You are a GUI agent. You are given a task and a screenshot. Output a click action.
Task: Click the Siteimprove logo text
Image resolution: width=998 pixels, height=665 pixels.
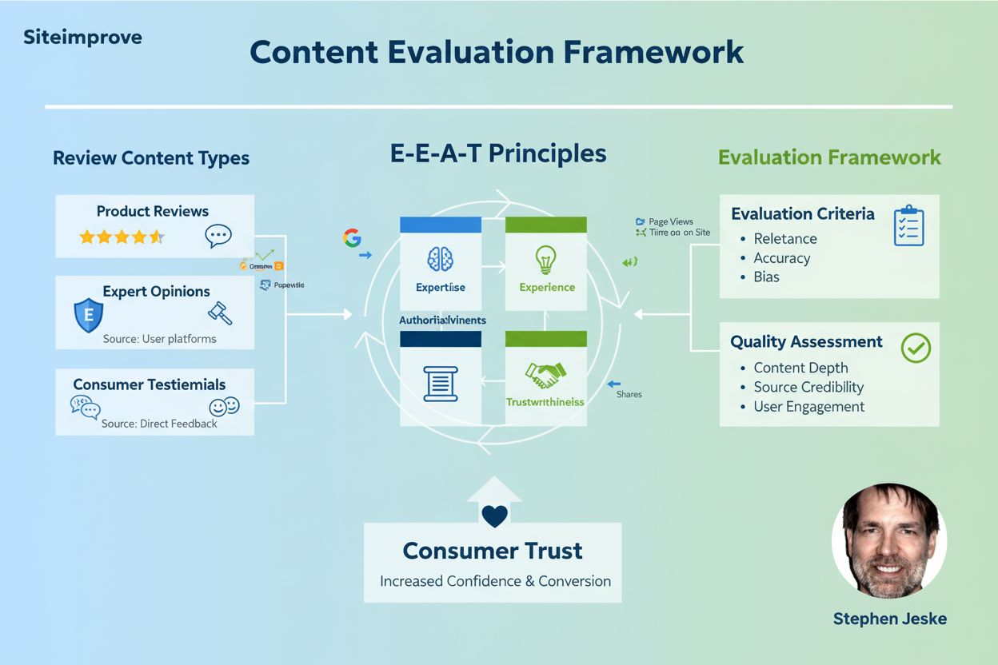83,38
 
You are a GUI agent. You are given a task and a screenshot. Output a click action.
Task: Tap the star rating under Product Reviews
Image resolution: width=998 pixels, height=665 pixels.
122,237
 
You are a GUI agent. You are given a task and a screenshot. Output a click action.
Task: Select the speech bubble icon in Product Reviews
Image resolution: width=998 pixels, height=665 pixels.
218,235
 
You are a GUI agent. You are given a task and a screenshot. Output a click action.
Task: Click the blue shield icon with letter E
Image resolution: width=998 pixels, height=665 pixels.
87,315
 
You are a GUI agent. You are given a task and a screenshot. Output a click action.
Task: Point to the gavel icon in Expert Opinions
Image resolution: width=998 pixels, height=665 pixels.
219,313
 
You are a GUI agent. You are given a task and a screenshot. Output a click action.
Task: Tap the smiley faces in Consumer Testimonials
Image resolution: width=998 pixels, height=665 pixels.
224,406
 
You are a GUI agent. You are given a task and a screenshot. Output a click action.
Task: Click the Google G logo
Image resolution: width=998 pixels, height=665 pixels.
352,237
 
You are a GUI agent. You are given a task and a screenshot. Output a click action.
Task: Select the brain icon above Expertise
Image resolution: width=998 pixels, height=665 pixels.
440,258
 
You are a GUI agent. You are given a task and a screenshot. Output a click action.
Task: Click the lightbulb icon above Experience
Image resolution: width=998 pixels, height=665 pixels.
546,258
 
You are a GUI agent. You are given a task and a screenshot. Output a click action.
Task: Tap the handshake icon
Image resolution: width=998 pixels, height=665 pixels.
545,373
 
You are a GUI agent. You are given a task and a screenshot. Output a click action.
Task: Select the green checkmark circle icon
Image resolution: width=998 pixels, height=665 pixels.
916,348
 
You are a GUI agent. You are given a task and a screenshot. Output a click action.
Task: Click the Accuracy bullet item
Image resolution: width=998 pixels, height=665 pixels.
781,258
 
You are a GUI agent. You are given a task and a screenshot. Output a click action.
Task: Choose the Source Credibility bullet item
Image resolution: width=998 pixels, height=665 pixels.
808,387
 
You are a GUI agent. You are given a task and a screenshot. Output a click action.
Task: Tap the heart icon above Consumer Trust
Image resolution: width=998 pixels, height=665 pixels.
495,516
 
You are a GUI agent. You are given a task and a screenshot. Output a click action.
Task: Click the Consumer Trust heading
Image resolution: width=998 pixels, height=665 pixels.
493,551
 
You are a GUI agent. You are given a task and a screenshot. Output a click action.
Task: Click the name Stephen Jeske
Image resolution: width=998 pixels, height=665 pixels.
889,619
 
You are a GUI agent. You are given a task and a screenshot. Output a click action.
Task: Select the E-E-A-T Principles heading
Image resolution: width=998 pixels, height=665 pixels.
498,153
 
